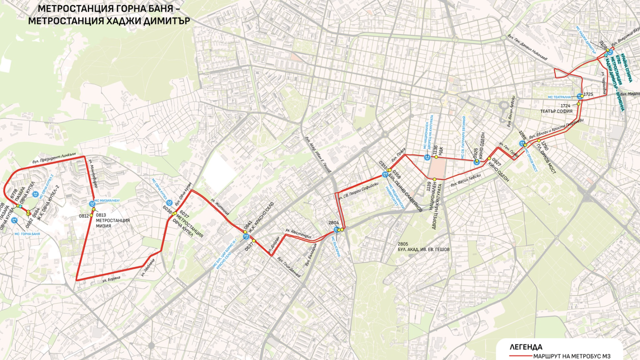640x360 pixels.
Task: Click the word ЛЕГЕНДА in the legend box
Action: pyautogui.click(x=526, y=346)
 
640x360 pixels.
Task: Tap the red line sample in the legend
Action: pyautogui.click(x=519, y=356)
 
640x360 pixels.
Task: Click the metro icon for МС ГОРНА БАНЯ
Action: pyautogui.click(x=14, y=219)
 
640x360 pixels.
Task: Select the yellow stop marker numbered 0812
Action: pyautogui.click(x=93, y=216)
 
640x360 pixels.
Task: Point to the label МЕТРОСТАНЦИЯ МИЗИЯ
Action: pyautogui.click(x=112, y=222)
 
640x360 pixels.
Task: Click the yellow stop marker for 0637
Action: pyautogui.click(x=253, y=241)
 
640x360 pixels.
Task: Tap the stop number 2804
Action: pyautogui.click(x=333, y=223)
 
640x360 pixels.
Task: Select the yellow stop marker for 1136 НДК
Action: pyautogui.click(x=436, y=156)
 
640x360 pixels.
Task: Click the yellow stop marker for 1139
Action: pyautogui.click(x=434, y=179)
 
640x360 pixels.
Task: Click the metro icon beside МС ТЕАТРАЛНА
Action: pyautogui.click(x=579, y=96)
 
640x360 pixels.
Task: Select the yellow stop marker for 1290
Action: pyautogui.click(x=538, y=141)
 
